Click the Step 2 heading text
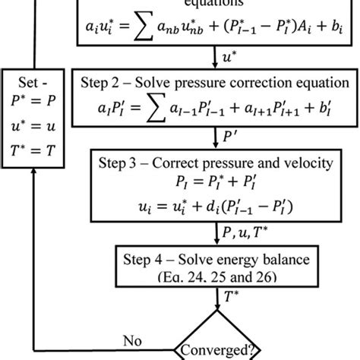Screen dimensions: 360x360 point(220,81)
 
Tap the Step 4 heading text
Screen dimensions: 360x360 point(220,253)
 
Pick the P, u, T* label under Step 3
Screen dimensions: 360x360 point(248,227)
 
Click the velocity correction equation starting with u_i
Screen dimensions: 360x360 point(220,207)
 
